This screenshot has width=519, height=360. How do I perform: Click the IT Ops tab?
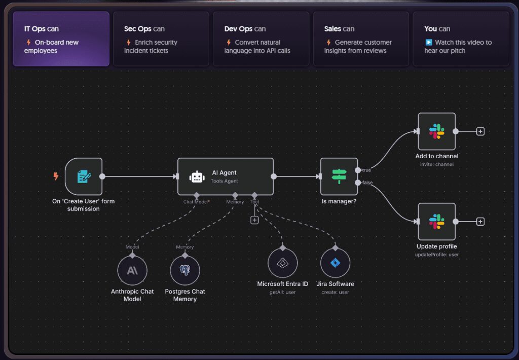pyautogui.click(x=61, y=39)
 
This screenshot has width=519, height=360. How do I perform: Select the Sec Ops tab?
pyautogui.click(x=161, y=39)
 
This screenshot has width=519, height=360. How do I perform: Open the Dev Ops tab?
pyautogui.click(x=261, y=39)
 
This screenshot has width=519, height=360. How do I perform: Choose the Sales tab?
pyautogui.click(x=360, y=39)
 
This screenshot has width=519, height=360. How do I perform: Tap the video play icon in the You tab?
pyautogui.click(x=428, y=43)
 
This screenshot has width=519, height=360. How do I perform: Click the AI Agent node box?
pyautogui.click(x=225, y=176)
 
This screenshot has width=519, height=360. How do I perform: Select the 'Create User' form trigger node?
pyautogui.click(x=84, y=176)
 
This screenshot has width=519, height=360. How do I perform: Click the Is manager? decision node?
pyautogui.click(x=339, y=176)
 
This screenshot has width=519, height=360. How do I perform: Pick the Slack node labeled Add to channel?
pyautogui.click(x=436, y=131)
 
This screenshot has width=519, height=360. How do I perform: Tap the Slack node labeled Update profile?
pyautogui.click(x=436, y=222)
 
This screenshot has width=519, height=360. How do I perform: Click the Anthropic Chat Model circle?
pyautogui.click(x=132, y=270)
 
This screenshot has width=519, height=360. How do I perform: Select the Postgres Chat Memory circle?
pyautogui.click(x=185, y=270)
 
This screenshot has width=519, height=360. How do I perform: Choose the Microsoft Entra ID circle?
pyautogui.click(x=282, y=263)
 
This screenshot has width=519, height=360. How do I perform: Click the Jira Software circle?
pyautogui.click(x=335, y=263)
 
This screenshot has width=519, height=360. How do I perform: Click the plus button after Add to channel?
pyautogui.click(x=480, y=131)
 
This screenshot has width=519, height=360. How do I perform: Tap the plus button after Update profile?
pyautogui.click(x=480, y=222)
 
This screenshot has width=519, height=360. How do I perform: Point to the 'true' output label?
pyautogui.click(x=366, y=170)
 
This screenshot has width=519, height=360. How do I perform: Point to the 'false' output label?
pyautogui.click(x=367, y=183)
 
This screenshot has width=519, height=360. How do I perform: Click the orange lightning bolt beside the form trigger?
pyautogui.click(x=56, y=176)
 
